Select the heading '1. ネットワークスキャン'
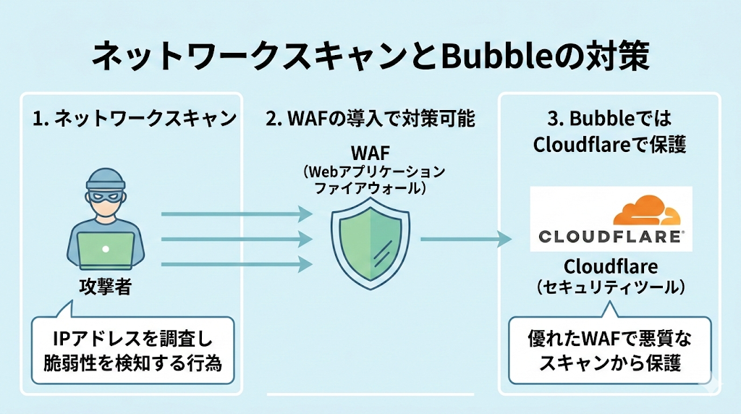click(x=135, y=119)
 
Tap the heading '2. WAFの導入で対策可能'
click(x=370, y=119)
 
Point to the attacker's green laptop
click(x=106, y=250)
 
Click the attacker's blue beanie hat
click(x=106, y=178)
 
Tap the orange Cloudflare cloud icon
click(x=647, y=211)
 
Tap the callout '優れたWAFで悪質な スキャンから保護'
click(x=610, y=350)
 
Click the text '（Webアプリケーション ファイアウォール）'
click(x=370, y=180)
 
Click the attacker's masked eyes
click(x=106, y=195)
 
